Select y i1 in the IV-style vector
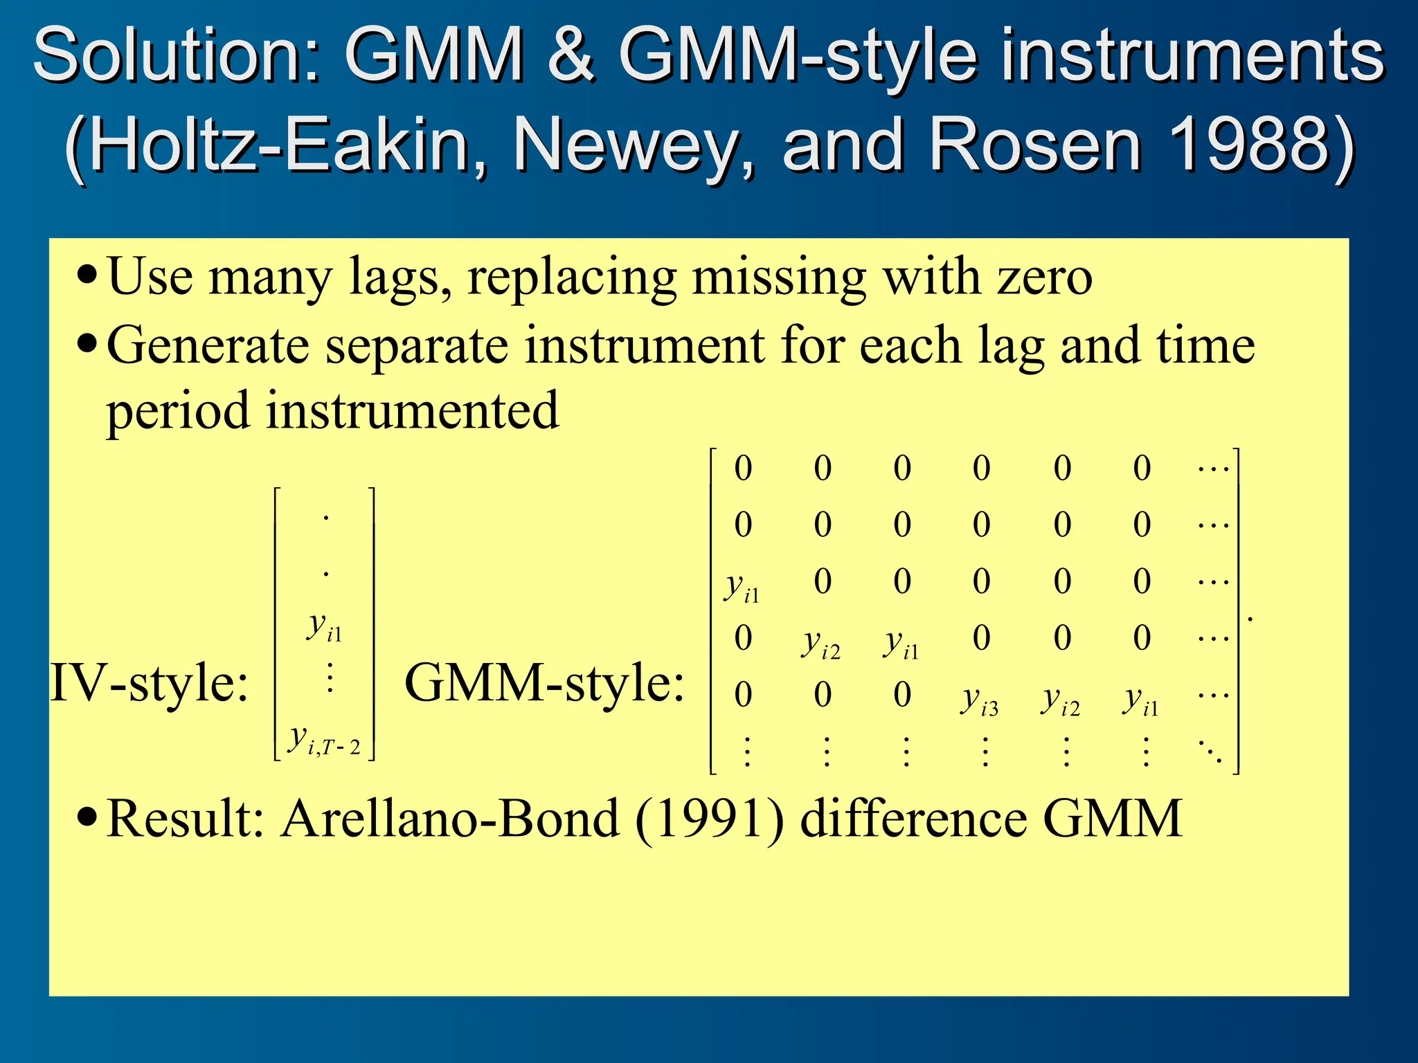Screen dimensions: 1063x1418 coord(325,627)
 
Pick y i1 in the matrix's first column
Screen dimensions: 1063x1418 coord(742,588)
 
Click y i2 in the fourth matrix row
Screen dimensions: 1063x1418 coord(821,644)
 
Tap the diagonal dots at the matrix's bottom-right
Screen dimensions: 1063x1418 coord(1212,751)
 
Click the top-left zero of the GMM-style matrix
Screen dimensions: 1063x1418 coord(743,469)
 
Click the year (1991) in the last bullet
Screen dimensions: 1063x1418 coord(710,819)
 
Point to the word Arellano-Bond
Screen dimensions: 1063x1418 coord(450,819)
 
